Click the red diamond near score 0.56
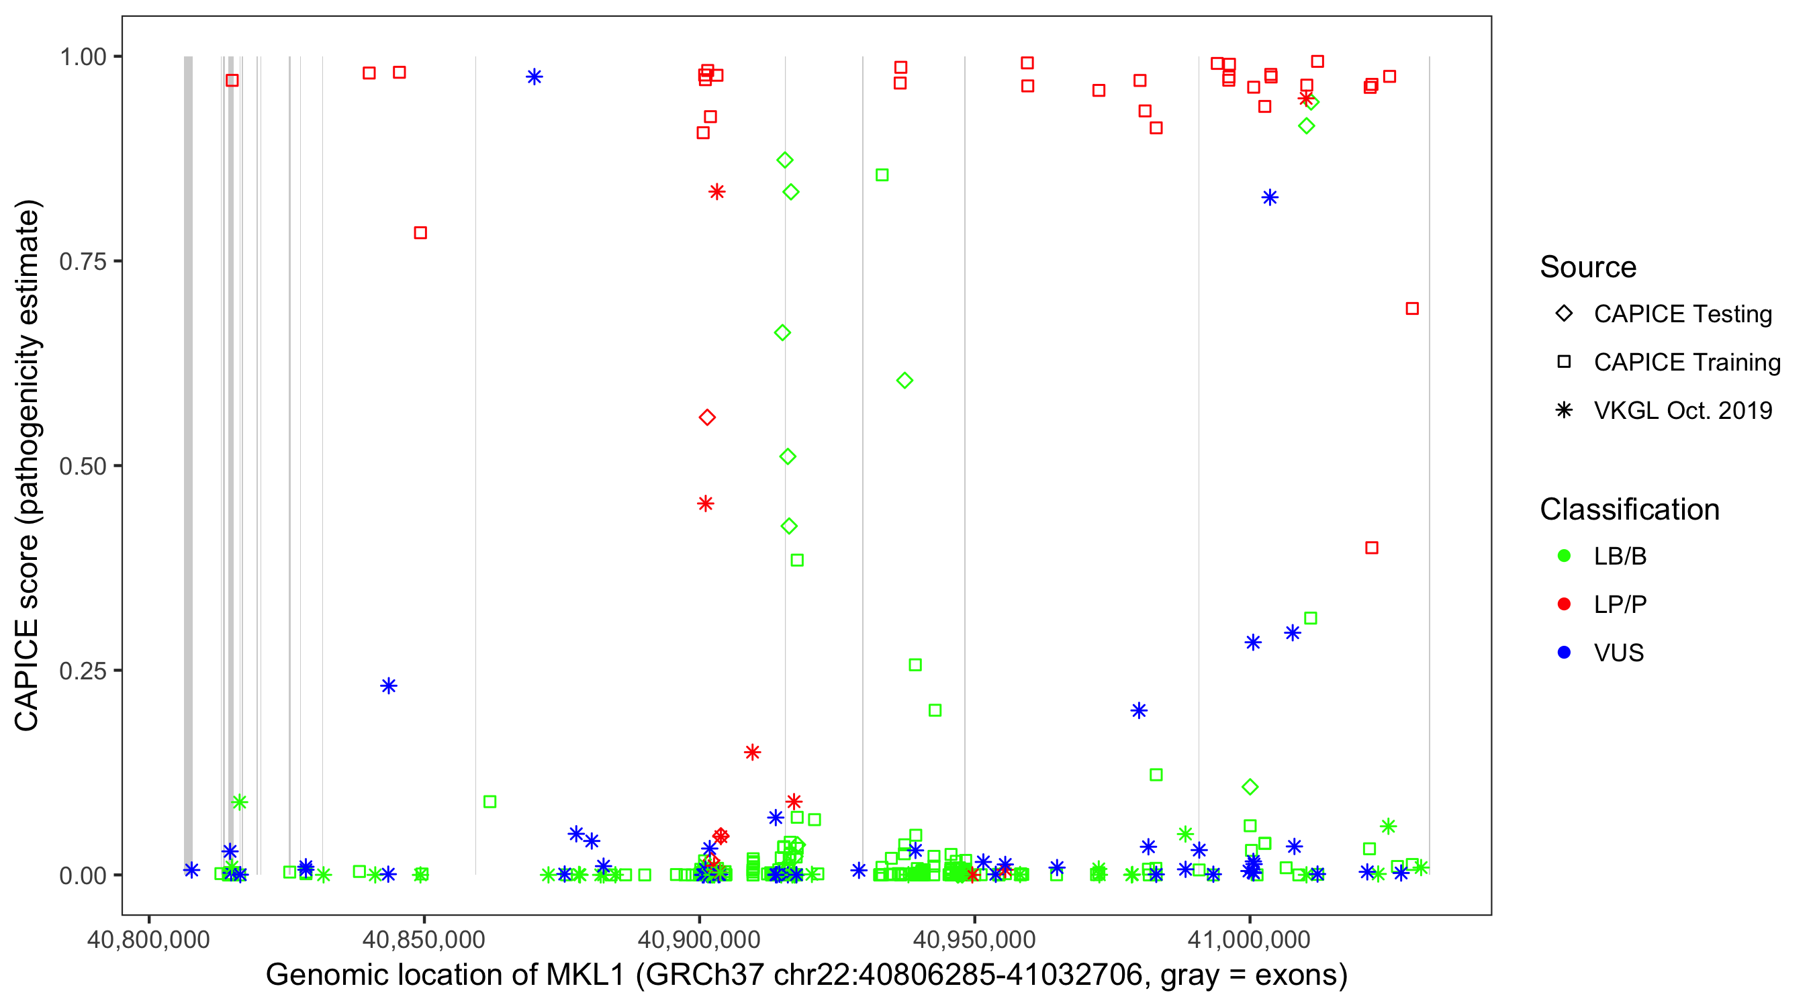click(x=707, y=418)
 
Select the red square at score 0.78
click(x=420, y=233)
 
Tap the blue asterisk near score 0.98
click(x=534, y=77)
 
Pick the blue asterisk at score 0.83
click(x=1270, y=198)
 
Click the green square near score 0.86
click(x=882, y=175)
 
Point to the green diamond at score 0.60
click(x=905, y=381)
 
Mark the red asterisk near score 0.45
click(x=705, y=503)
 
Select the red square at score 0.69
click(x=1412, y=308)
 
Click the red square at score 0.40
click(x=1372, y=548)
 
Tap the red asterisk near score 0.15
click(x=752, y=753)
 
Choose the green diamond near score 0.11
click(x=1250, y=787)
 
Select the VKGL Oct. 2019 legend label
click(x=1683, y=410)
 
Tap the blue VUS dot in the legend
click(x=1564, y=653)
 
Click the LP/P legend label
click(x=1620, y=604)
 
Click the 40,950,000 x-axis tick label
click(x=974, y=939)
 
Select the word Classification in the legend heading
click(x=1629, y=509)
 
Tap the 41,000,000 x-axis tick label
click(x=1249, y=939)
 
